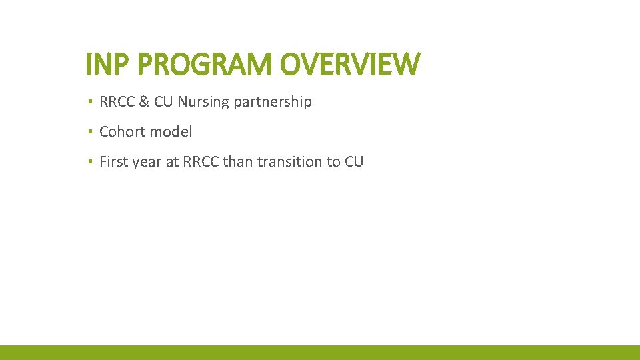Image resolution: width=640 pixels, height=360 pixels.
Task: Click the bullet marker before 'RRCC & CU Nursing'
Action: pyautogui.click(x=89, y=102)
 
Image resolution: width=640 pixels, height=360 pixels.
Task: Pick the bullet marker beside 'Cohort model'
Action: pyautogui.click(x=89, y=132)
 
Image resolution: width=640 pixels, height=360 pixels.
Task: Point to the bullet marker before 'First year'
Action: pyautogui.click(x=89, y=161)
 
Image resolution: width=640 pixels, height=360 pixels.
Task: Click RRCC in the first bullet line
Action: pyautogui.click(x=117, y=102)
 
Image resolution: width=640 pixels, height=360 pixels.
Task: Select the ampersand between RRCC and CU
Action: pyautogui.click(x=143, y=102)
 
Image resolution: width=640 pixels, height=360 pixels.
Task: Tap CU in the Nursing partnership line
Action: pyautogui.click(x=163, y=102)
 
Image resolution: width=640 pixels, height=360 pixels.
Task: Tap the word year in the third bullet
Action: pyautogui.click(x=147, y=161)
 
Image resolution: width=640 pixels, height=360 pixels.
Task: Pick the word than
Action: pyautogui.click(x=238, y=161)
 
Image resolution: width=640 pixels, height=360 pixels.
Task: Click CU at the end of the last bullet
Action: pyautogui.click(x=354, y=161)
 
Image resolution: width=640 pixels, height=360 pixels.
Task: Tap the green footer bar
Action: pyautogui.click(x=320, y=353)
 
